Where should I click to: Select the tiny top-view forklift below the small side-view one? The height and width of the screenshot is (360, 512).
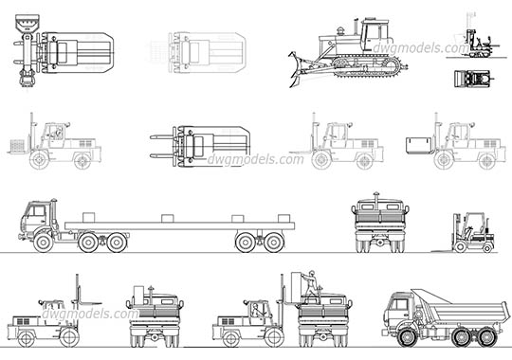(x=472, y=78)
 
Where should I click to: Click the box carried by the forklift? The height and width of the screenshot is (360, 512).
(x=417, y=144)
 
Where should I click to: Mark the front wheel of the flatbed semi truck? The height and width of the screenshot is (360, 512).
(x=44, y=243)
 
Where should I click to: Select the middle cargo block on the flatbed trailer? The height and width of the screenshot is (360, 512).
(x=166, y=218)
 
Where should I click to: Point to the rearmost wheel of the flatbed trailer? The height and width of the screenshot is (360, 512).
(x=274, y=243)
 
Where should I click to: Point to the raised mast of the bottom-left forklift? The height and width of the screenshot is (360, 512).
(x=76, y=297)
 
